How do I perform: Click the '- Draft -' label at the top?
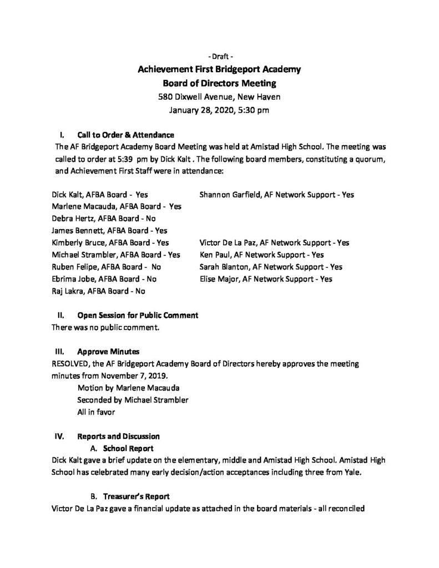[x=219, y=57]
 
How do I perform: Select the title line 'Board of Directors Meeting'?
[x=219, y=84]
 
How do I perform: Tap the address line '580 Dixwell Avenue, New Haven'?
[x=219, y=97]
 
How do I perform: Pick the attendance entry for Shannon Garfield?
[x=276, y=195]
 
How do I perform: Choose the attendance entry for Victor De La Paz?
[x=274, y=243]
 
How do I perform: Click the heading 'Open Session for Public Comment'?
[x=138, y=315]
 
